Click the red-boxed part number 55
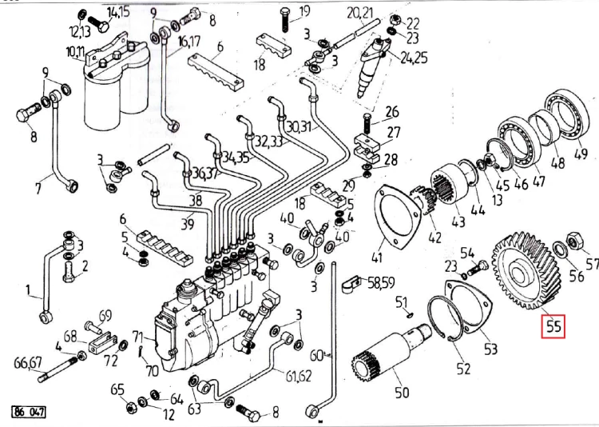click(x=553, y=327)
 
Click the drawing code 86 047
click(x=29, y=412)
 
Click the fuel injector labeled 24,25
click(x=372, y=68)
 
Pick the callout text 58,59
click(x=381, y=283)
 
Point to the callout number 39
click(x=187, y=224)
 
